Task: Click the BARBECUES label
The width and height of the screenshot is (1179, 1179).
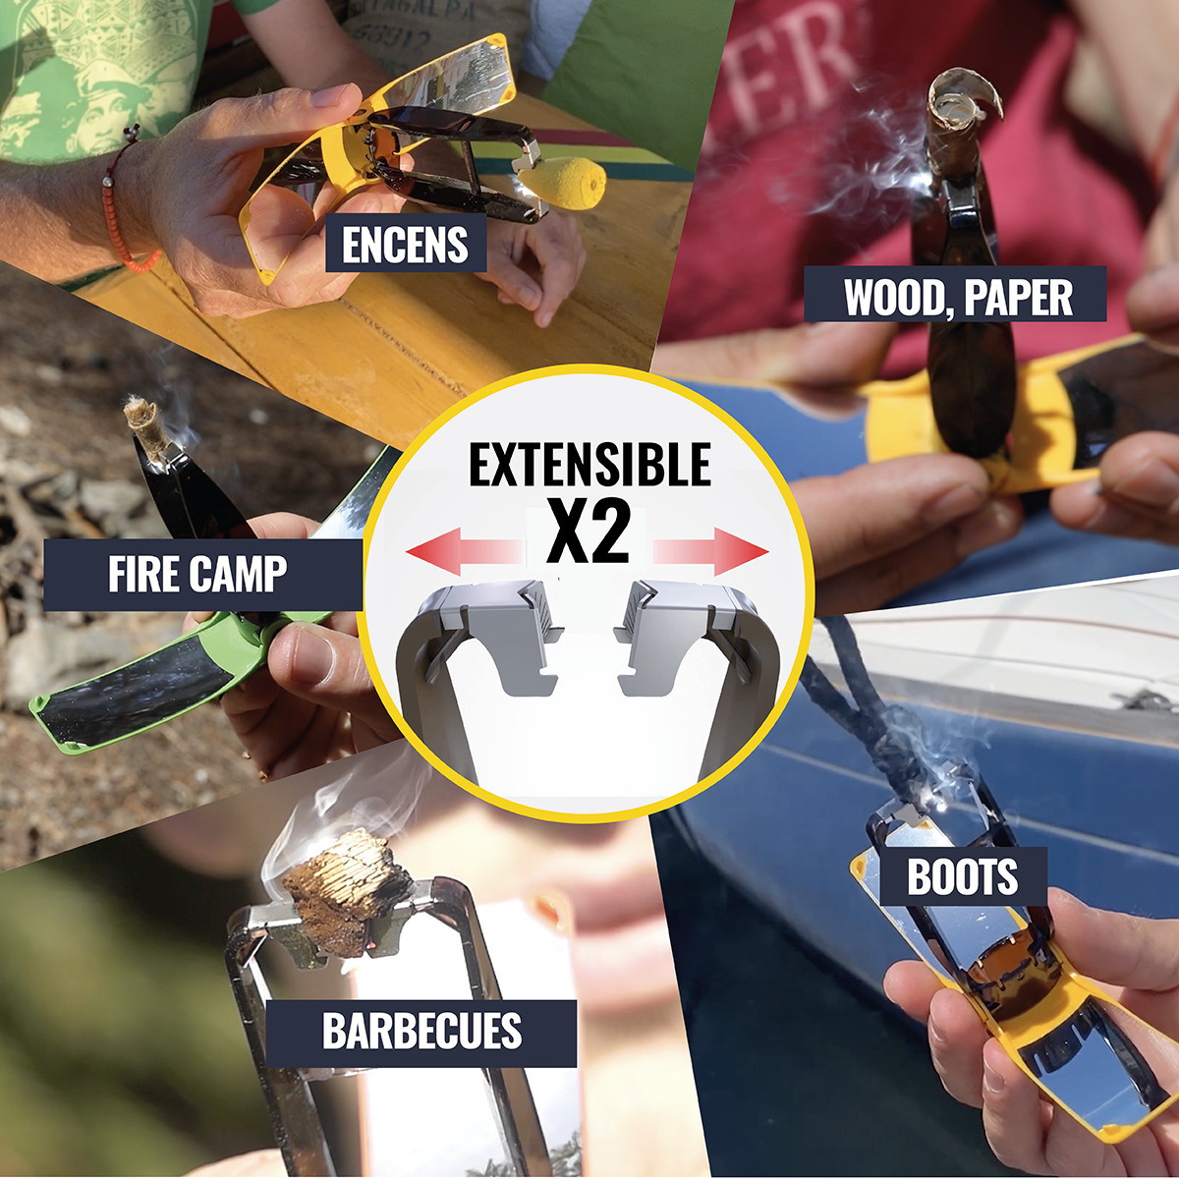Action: [422, 1032]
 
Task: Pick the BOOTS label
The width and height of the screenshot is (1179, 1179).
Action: [962, 877]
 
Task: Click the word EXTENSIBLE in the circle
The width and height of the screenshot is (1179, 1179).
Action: [589, 465]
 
